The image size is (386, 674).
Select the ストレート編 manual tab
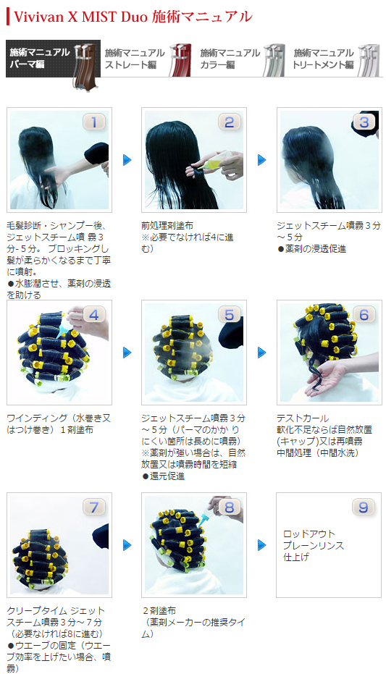coord(147,59)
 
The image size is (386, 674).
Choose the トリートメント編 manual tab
coord(335,59)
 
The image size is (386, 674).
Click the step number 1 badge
coord(93,122)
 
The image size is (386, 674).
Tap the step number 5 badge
coord(229,315)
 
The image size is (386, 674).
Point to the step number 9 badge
coord(364,507)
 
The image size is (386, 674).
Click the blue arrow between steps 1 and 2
coord(127,160)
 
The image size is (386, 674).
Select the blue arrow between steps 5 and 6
coord(262,353)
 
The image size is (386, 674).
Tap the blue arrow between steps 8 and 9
coord(262,545)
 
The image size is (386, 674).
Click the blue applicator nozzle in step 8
coord(204,518)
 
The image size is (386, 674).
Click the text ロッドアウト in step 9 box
coord(309,534)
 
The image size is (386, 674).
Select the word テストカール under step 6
coord(303,418)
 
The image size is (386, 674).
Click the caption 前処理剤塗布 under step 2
coord(167,225)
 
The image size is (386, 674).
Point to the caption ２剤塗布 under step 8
coord(159,610)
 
